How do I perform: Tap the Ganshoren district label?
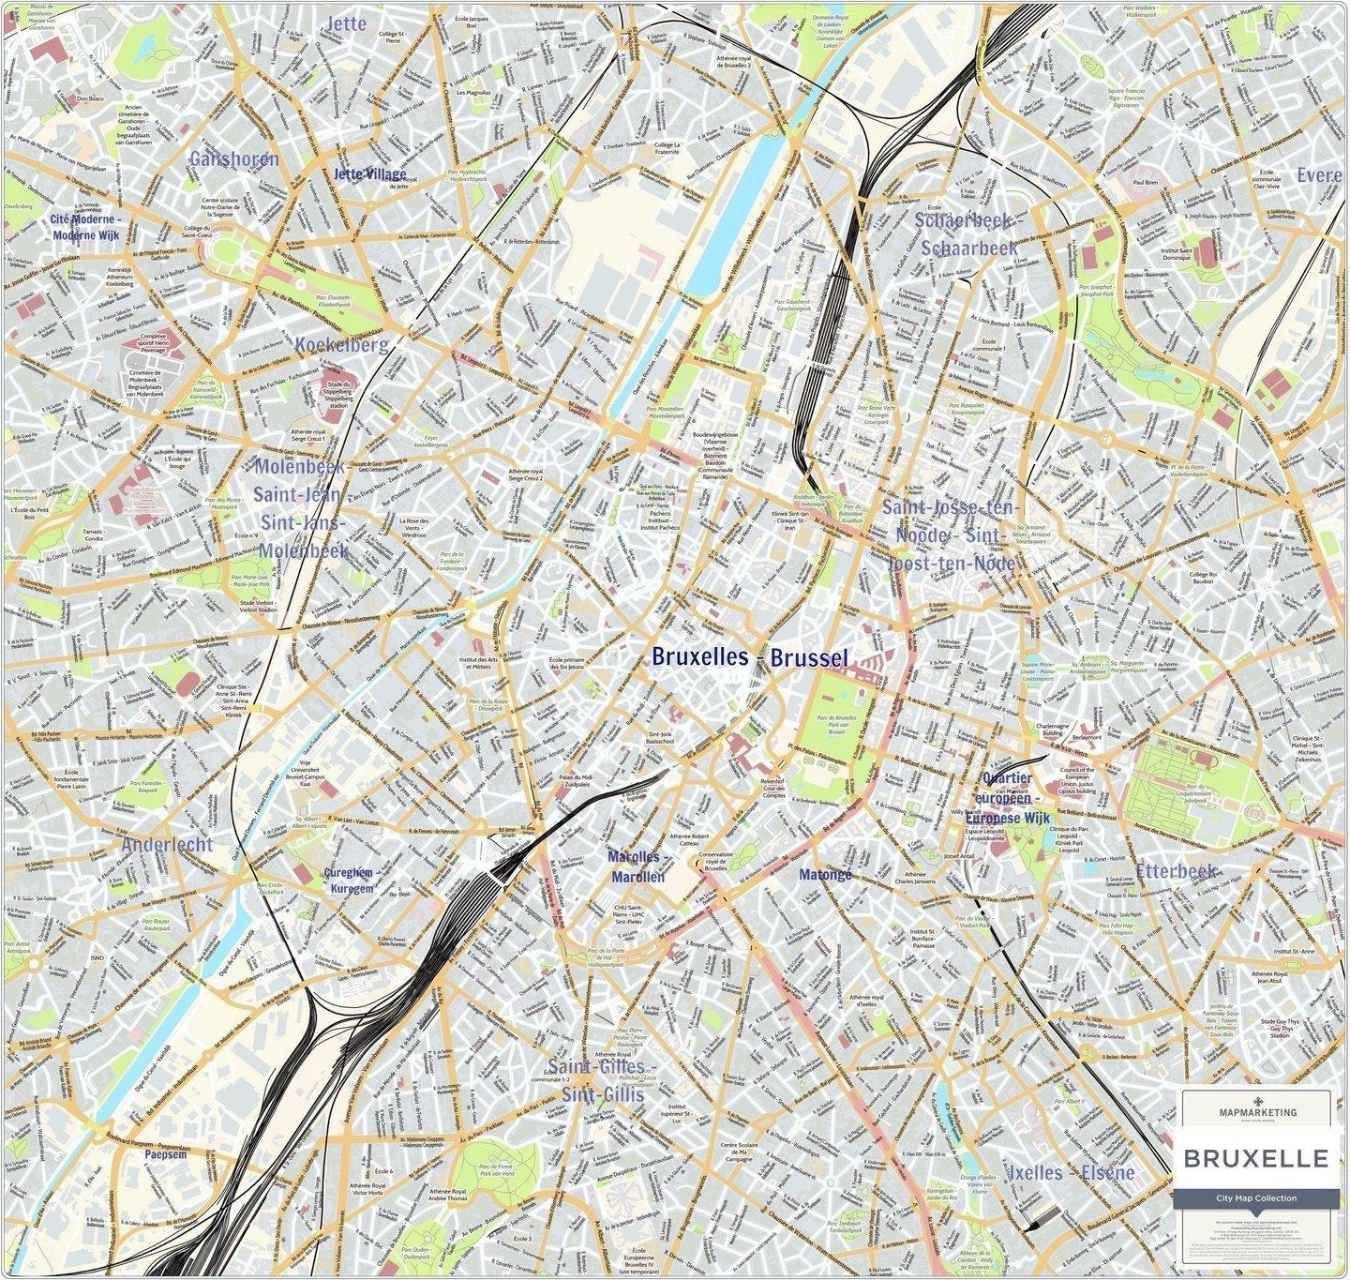(x=233, y=158)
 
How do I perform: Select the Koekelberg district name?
(x=340, y=345)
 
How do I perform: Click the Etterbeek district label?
(x=1176, y=871)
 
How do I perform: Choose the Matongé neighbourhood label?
(x=825, y=875)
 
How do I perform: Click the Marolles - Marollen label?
(x=637, y=867)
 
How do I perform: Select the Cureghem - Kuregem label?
(x=350, y=879)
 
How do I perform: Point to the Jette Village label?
(x=370, y=174)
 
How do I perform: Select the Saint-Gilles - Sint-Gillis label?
(x=596, y=1081)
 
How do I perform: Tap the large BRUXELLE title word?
(x=1256, y=1159)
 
